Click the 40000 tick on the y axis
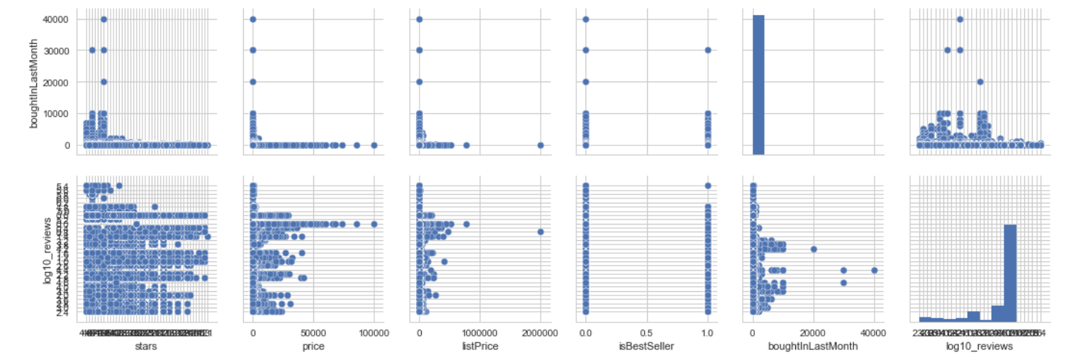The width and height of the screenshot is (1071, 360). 58,19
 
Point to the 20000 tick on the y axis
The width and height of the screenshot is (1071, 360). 58,82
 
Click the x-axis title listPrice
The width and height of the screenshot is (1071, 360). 480,346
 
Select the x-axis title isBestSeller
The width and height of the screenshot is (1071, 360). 646,346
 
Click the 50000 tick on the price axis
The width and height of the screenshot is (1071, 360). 313,333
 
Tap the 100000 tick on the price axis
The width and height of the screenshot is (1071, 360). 374,333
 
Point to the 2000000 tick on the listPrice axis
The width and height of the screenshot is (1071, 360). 540,333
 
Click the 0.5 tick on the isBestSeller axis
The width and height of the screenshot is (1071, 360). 646,333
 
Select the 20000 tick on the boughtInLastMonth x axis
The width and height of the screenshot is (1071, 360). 814,333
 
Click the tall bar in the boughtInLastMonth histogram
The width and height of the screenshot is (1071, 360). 759,84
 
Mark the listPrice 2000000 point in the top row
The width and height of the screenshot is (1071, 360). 540,145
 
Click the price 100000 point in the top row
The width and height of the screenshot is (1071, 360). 374,145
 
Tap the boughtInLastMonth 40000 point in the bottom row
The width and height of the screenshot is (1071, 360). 874,270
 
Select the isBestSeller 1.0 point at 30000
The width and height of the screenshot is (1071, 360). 707,50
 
